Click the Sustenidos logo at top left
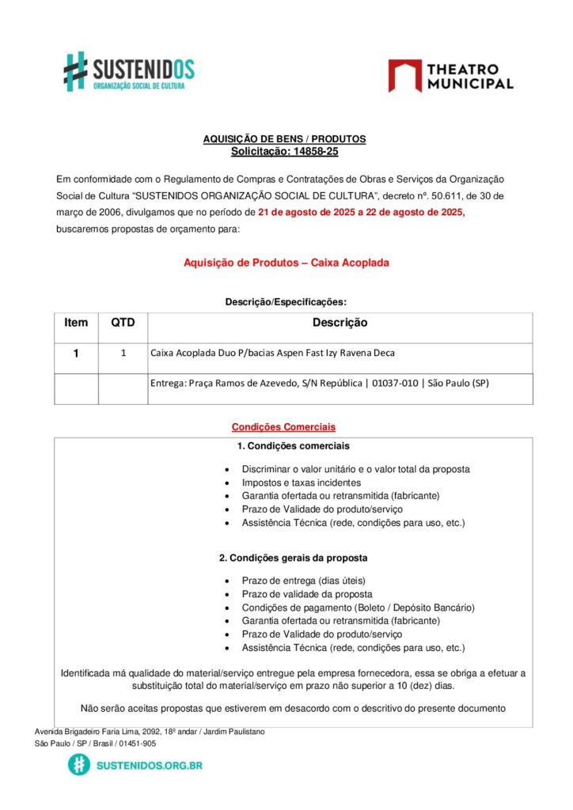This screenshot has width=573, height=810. [x=129, y=71]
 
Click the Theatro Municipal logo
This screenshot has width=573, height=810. [x=450, y=76]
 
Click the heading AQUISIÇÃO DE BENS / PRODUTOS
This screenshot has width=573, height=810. [x=285, y=139]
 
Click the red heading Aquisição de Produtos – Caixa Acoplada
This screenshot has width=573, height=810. [x=286, y=262]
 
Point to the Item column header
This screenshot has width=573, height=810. [x=76, y=323]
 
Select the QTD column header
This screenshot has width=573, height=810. [x=123, y=323]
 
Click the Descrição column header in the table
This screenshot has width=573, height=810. [x=340, y=323]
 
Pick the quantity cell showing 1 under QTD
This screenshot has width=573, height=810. [x=123, y=354]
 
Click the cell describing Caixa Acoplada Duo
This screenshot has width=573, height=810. [x=272, y=353]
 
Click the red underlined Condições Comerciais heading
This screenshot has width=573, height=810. [x=283, y=427]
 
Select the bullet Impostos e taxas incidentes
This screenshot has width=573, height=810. [x=302, y=483]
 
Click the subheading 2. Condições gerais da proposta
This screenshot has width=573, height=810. [x=293, y=558]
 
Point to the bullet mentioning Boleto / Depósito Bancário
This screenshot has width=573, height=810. [x=358, y=607]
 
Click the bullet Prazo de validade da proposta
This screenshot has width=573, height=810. [x=307, y=594]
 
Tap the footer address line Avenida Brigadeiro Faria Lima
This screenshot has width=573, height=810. [x=150, y=732]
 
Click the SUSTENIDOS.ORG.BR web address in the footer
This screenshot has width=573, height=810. [x=149, y=766]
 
